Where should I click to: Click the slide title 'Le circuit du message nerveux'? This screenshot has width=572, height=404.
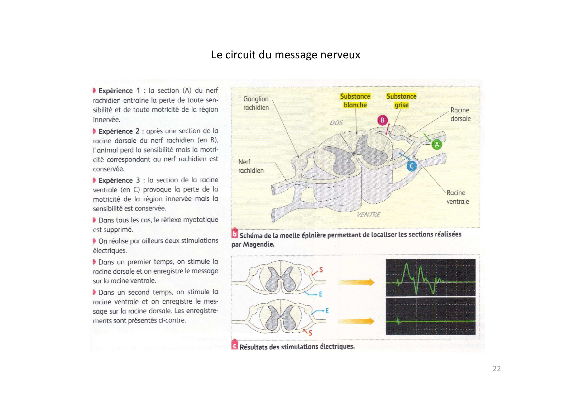click(286, 55)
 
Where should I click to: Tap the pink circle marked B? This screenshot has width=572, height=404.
click(383, 120)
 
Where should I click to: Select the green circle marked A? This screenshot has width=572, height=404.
click(437, 144)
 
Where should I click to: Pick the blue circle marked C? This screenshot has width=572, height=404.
click(412, 166)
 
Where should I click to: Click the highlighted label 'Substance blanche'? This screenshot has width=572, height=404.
click(355, 101)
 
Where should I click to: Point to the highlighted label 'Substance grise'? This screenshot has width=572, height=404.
click(401, 101)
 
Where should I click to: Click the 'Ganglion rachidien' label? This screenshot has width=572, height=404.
click(256, 103)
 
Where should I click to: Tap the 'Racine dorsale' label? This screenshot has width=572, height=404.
click(460, 114)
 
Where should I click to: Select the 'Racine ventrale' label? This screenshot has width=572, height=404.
click(457, 197)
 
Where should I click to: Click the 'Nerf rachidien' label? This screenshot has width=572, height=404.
click(250, 166)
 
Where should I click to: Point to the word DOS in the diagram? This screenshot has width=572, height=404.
click(336, 123)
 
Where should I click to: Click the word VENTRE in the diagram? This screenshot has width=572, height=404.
click(369, 214)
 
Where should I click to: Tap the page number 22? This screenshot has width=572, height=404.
click(496, 368)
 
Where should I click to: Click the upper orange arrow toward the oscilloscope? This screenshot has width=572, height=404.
click(356, 282)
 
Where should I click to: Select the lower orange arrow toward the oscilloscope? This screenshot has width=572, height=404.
click(356, 322)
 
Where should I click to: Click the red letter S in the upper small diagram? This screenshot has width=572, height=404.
click(321, 270)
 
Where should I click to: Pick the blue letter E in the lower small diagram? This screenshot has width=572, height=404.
click(327, 311)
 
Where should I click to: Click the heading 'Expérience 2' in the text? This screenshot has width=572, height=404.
click(119, 131)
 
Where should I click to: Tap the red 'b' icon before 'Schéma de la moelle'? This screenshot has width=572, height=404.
click(234, 234)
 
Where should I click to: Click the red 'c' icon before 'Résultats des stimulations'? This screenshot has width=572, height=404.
click(234, 345)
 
